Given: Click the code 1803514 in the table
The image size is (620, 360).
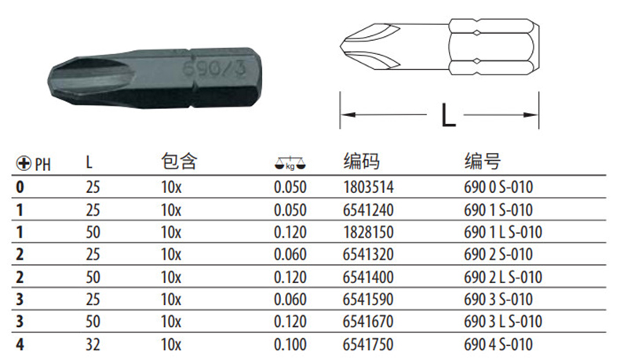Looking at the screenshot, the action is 368,187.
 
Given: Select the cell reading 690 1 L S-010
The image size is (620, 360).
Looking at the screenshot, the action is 502,232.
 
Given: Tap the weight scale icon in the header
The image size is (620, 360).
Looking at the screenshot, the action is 290,164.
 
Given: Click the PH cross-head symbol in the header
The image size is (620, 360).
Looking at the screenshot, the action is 24,163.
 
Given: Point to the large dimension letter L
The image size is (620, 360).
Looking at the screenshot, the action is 448,115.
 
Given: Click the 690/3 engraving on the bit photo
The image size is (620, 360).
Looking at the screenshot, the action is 214,68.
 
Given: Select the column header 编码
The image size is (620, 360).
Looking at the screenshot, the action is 361,162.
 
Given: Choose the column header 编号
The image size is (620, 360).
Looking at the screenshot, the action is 483,162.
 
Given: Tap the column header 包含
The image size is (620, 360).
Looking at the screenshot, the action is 179,162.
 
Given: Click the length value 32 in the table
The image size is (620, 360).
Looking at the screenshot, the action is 93,344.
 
